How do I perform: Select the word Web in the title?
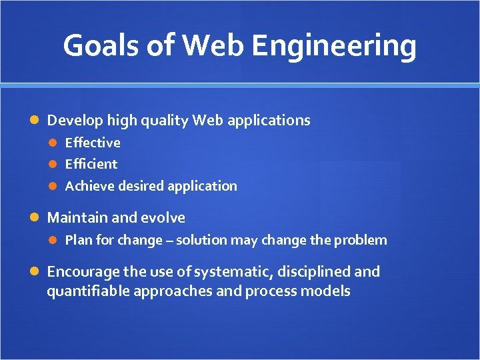pos(215,46)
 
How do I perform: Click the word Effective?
pos(93,143)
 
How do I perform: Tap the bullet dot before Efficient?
pos(55,165)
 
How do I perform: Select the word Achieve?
pos(89,186)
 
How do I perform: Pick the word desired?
pos(141,186)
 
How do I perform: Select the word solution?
pos(201,240)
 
